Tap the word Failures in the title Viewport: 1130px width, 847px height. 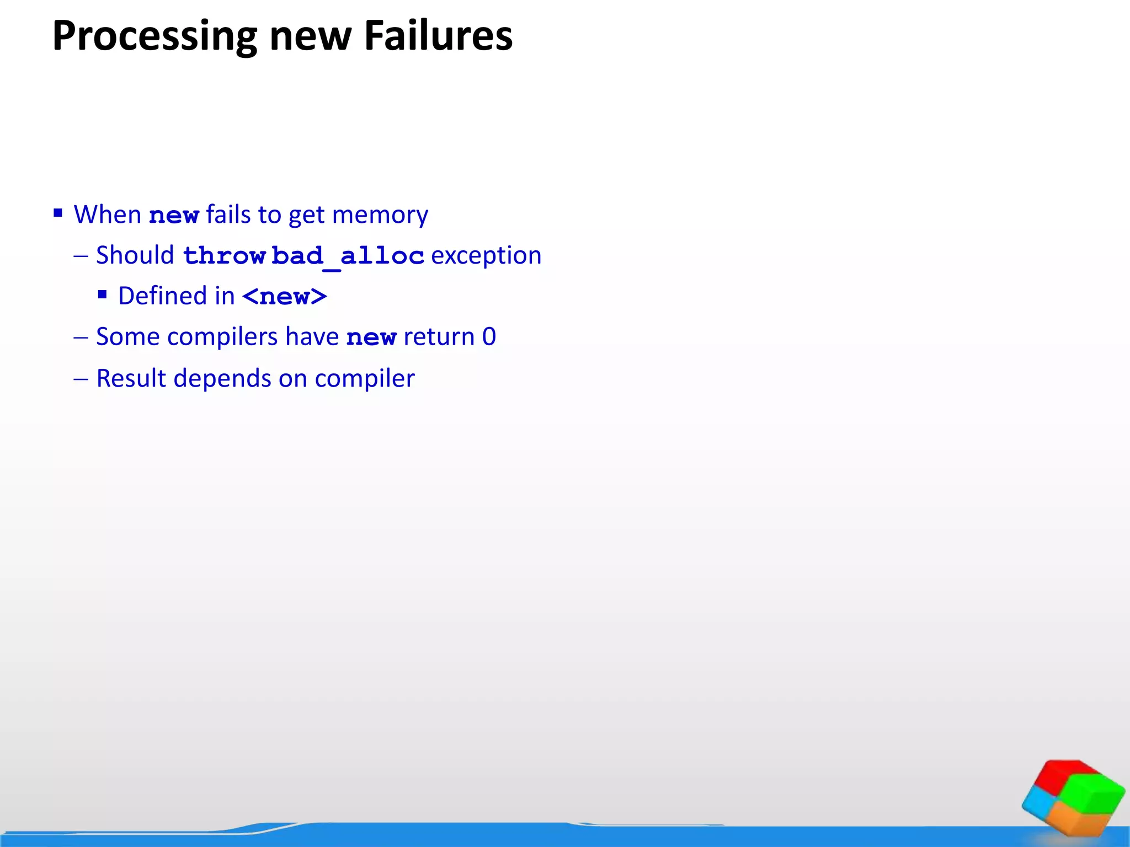click(x=438, y=36)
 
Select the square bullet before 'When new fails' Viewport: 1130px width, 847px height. click(x=58, y=213)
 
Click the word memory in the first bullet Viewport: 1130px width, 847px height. click(x=380, y=215)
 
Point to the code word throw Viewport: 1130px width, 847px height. click(x=223, y=256)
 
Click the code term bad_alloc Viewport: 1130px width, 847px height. click(x=348, y=256)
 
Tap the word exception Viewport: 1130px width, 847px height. click(x=486, y=256)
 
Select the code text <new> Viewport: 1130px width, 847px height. click(x=284, y=297)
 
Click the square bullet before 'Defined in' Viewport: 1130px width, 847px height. click(x=102, y=294)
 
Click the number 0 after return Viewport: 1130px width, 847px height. click(x=489, y=337)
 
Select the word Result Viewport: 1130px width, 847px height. click(x=131, y=378)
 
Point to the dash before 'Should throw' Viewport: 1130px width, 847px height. click(x=81, y=256)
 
